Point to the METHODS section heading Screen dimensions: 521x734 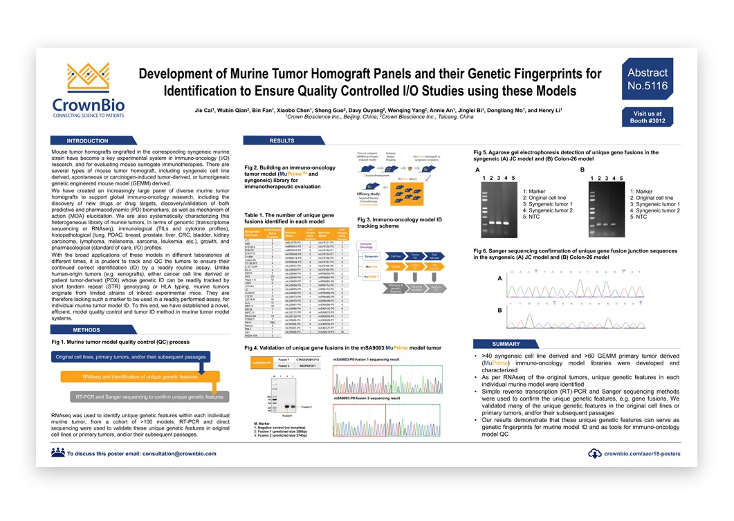86,330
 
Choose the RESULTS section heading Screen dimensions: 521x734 282,140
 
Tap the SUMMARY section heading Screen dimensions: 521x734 506,344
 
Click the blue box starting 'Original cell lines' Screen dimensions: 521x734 127,356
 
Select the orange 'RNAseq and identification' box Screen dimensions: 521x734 140,377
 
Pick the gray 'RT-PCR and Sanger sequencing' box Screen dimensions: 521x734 149,397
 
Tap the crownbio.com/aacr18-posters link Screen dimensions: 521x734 642,454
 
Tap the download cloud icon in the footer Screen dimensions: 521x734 594,454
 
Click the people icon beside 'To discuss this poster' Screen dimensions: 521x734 57,453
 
